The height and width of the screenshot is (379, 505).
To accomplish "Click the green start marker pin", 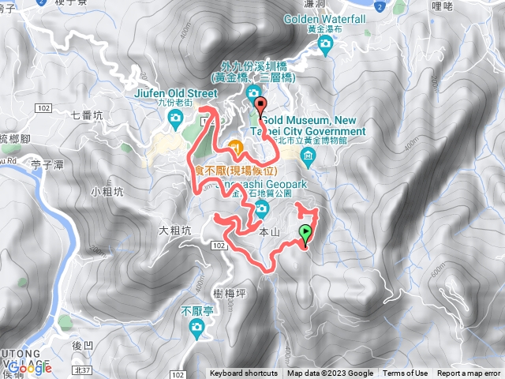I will pyautogui.click(x=305, y=233).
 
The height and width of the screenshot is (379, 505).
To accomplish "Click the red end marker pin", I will pyautogui.click(x=260, y=105).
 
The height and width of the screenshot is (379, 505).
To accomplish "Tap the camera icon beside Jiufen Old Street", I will pyautogui.click(x=175, y=120).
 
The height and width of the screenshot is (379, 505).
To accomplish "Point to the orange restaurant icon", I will pyautogui.click(x=235, y=145).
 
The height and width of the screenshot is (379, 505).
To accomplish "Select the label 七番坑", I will pyautogui.click(x=87, y=115).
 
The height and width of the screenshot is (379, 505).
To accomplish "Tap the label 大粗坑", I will pyautogui.click(x=175, y=231).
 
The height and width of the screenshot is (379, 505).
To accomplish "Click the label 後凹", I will pyautogui.click(x=82, y=345).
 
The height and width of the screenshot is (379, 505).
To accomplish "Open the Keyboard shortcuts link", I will pyautogui.click(x=244, y=373).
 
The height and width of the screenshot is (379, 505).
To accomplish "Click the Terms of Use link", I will pyautogui.click(x=406, y=373).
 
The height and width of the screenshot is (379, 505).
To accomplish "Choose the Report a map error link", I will pyautogui.click(x=469, y=373).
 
